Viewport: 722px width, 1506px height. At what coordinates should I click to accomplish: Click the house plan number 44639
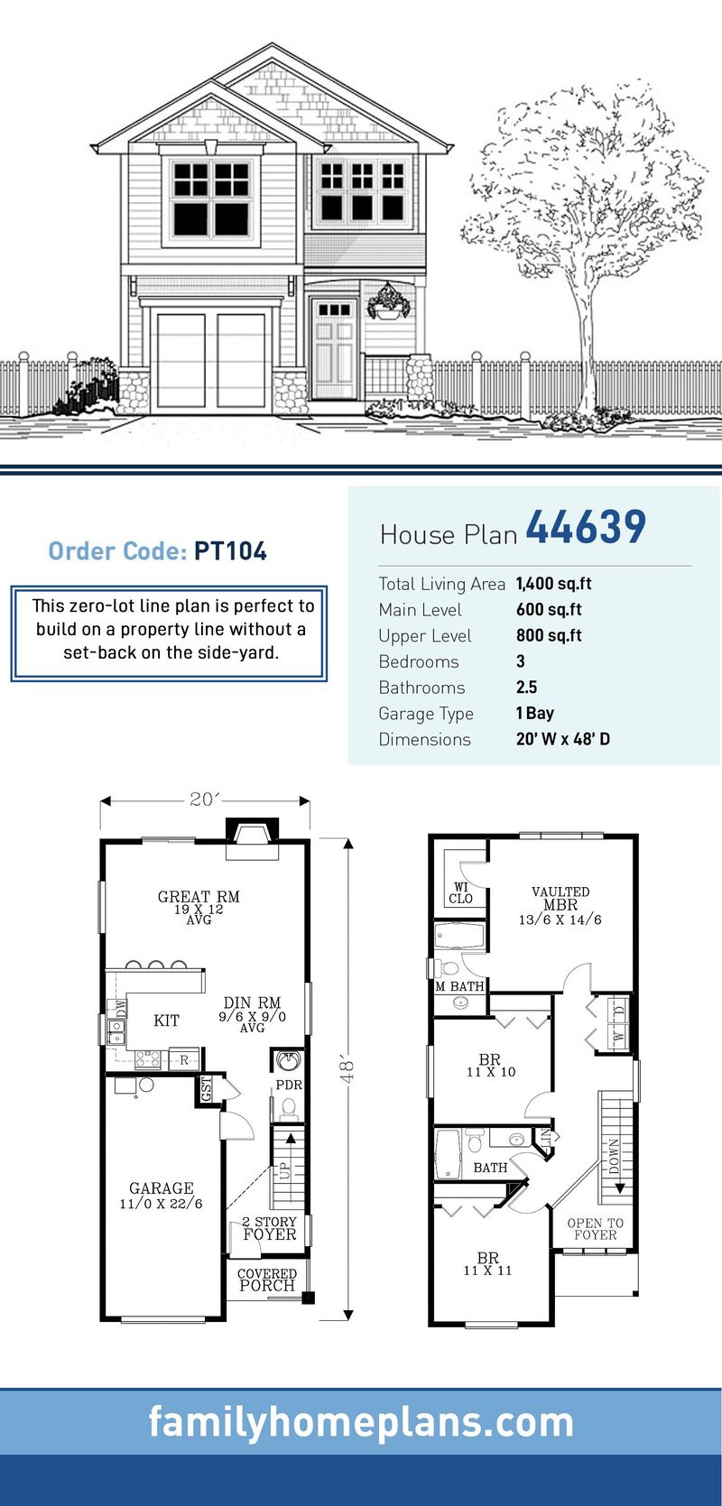point(585,529)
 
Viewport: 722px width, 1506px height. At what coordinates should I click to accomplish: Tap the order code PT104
point(230,551)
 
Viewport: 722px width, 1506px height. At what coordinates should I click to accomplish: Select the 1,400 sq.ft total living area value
point(553,584)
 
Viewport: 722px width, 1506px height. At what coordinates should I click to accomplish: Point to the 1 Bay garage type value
point(534,713)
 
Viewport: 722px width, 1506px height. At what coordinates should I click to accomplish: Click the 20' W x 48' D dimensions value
point(562,739)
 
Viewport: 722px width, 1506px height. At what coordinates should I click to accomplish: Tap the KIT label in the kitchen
point(166,1021)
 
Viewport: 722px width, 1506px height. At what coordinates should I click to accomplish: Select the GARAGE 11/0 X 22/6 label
point(161,1196)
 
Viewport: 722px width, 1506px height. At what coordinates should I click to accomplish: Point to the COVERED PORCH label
point(266,1280)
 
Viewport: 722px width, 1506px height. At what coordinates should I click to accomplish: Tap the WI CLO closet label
point(460,893)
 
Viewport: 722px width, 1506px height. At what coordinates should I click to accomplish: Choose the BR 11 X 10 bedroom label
point(490,1066)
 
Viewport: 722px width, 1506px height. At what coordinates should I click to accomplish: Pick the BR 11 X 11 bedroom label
point(488,1263)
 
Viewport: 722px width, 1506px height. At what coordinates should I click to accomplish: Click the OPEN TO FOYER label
point(595,1229)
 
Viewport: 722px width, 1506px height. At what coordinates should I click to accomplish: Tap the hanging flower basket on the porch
point(389,303)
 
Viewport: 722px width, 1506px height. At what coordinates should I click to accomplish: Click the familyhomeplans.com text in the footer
point(361,1422)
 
